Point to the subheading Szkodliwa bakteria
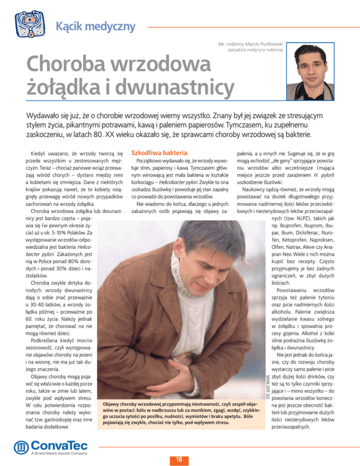pos(160,153)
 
